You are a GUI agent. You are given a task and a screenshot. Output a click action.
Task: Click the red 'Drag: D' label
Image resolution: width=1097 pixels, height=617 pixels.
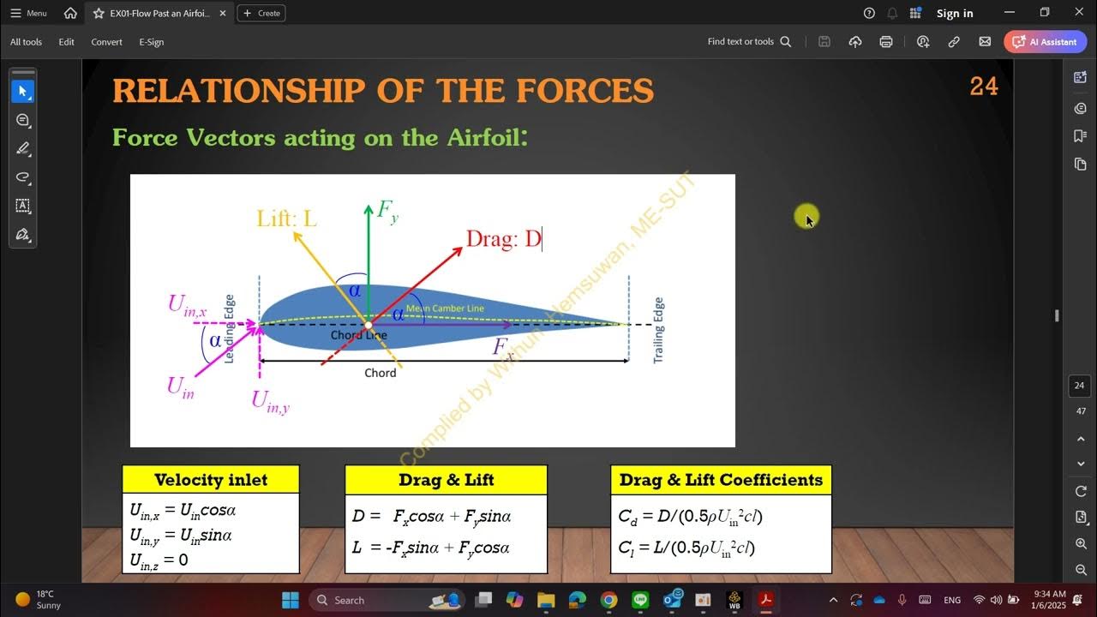pyautogui.click(x=503, y=238)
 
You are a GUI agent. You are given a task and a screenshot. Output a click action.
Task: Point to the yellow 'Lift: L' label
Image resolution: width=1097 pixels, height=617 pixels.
pyautogui.click(x=287, y=219)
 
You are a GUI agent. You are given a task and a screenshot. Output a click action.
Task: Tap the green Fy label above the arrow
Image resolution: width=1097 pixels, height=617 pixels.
pyautogui.click(x=387, y=210)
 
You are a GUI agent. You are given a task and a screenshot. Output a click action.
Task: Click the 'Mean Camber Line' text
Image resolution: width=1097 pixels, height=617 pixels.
pyautogui.click(x=445, y=308)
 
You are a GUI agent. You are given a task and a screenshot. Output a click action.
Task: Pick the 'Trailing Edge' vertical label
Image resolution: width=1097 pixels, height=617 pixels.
pyautogui.click(x=658, y=330)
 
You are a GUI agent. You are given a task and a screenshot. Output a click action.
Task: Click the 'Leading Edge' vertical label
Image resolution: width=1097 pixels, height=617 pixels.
pyautogui.click(x=229, y=328)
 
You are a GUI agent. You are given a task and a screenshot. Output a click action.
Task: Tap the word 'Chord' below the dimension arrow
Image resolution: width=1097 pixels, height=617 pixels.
pyautogui.click(x=380, y=373)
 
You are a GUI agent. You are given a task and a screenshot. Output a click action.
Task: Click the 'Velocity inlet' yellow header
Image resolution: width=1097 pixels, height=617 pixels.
pyautogui.click(x=211, y=480)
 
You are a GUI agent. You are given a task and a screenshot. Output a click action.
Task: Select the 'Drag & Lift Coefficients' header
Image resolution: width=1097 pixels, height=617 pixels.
pyautogui.click(x=721, y=480)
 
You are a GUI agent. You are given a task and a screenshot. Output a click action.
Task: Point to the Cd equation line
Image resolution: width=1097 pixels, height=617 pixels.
pyautogui.click(x=690, y=516)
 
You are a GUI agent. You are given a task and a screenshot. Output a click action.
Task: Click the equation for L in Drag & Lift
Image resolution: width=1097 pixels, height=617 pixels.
pyautogui.click(x=431, y=547)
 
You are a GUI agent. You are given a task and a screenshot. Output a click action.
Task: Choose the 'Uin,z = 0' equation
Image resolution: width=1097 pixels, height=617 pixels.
pyautogui.click(x=159, y=560)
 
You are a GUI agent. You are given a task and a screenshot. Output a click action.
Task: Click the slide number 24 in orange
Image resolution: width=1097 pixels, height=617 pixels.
pyautogui.click(x=983, y=87)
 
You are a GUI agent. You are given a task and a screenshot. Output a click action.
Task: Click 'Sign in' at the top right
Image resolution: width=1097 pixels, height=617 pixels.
pyautogui.click(x=954, y=13)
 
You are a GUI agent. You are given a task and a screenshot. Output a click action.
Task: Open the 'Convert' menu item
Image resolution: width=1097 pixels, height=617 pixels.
pyautogui.click(x=106, y=42)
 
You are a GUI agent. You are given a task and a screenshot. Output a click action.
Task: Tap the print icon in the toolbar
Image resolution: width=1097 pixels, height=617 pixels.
pyautogui.click(x=886, y=42)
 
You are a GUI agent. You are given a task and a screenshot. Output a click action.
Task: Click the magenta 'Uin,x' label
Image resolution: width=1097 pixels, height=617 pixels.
pyautogui.click(x=187, y=305)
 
